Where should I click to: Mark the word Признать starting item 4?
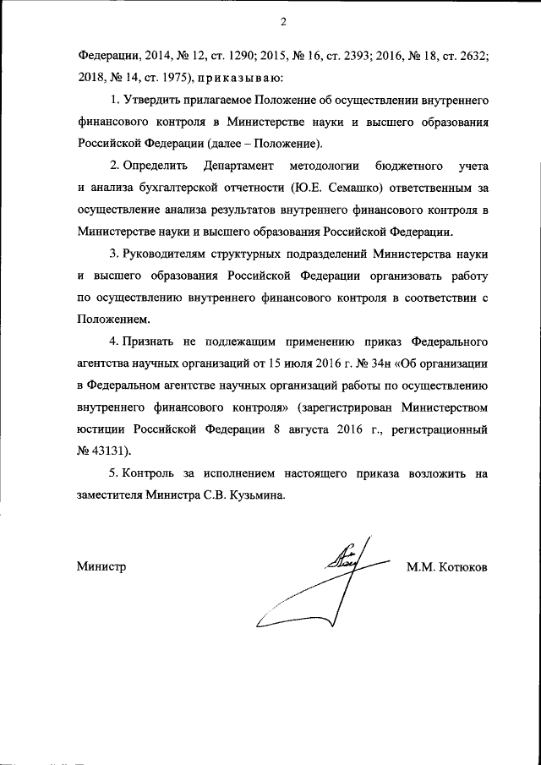click(150, 342)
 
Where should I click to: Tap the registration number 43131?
click(110, 452)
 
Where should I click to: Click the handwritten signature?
click(325, 583)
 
